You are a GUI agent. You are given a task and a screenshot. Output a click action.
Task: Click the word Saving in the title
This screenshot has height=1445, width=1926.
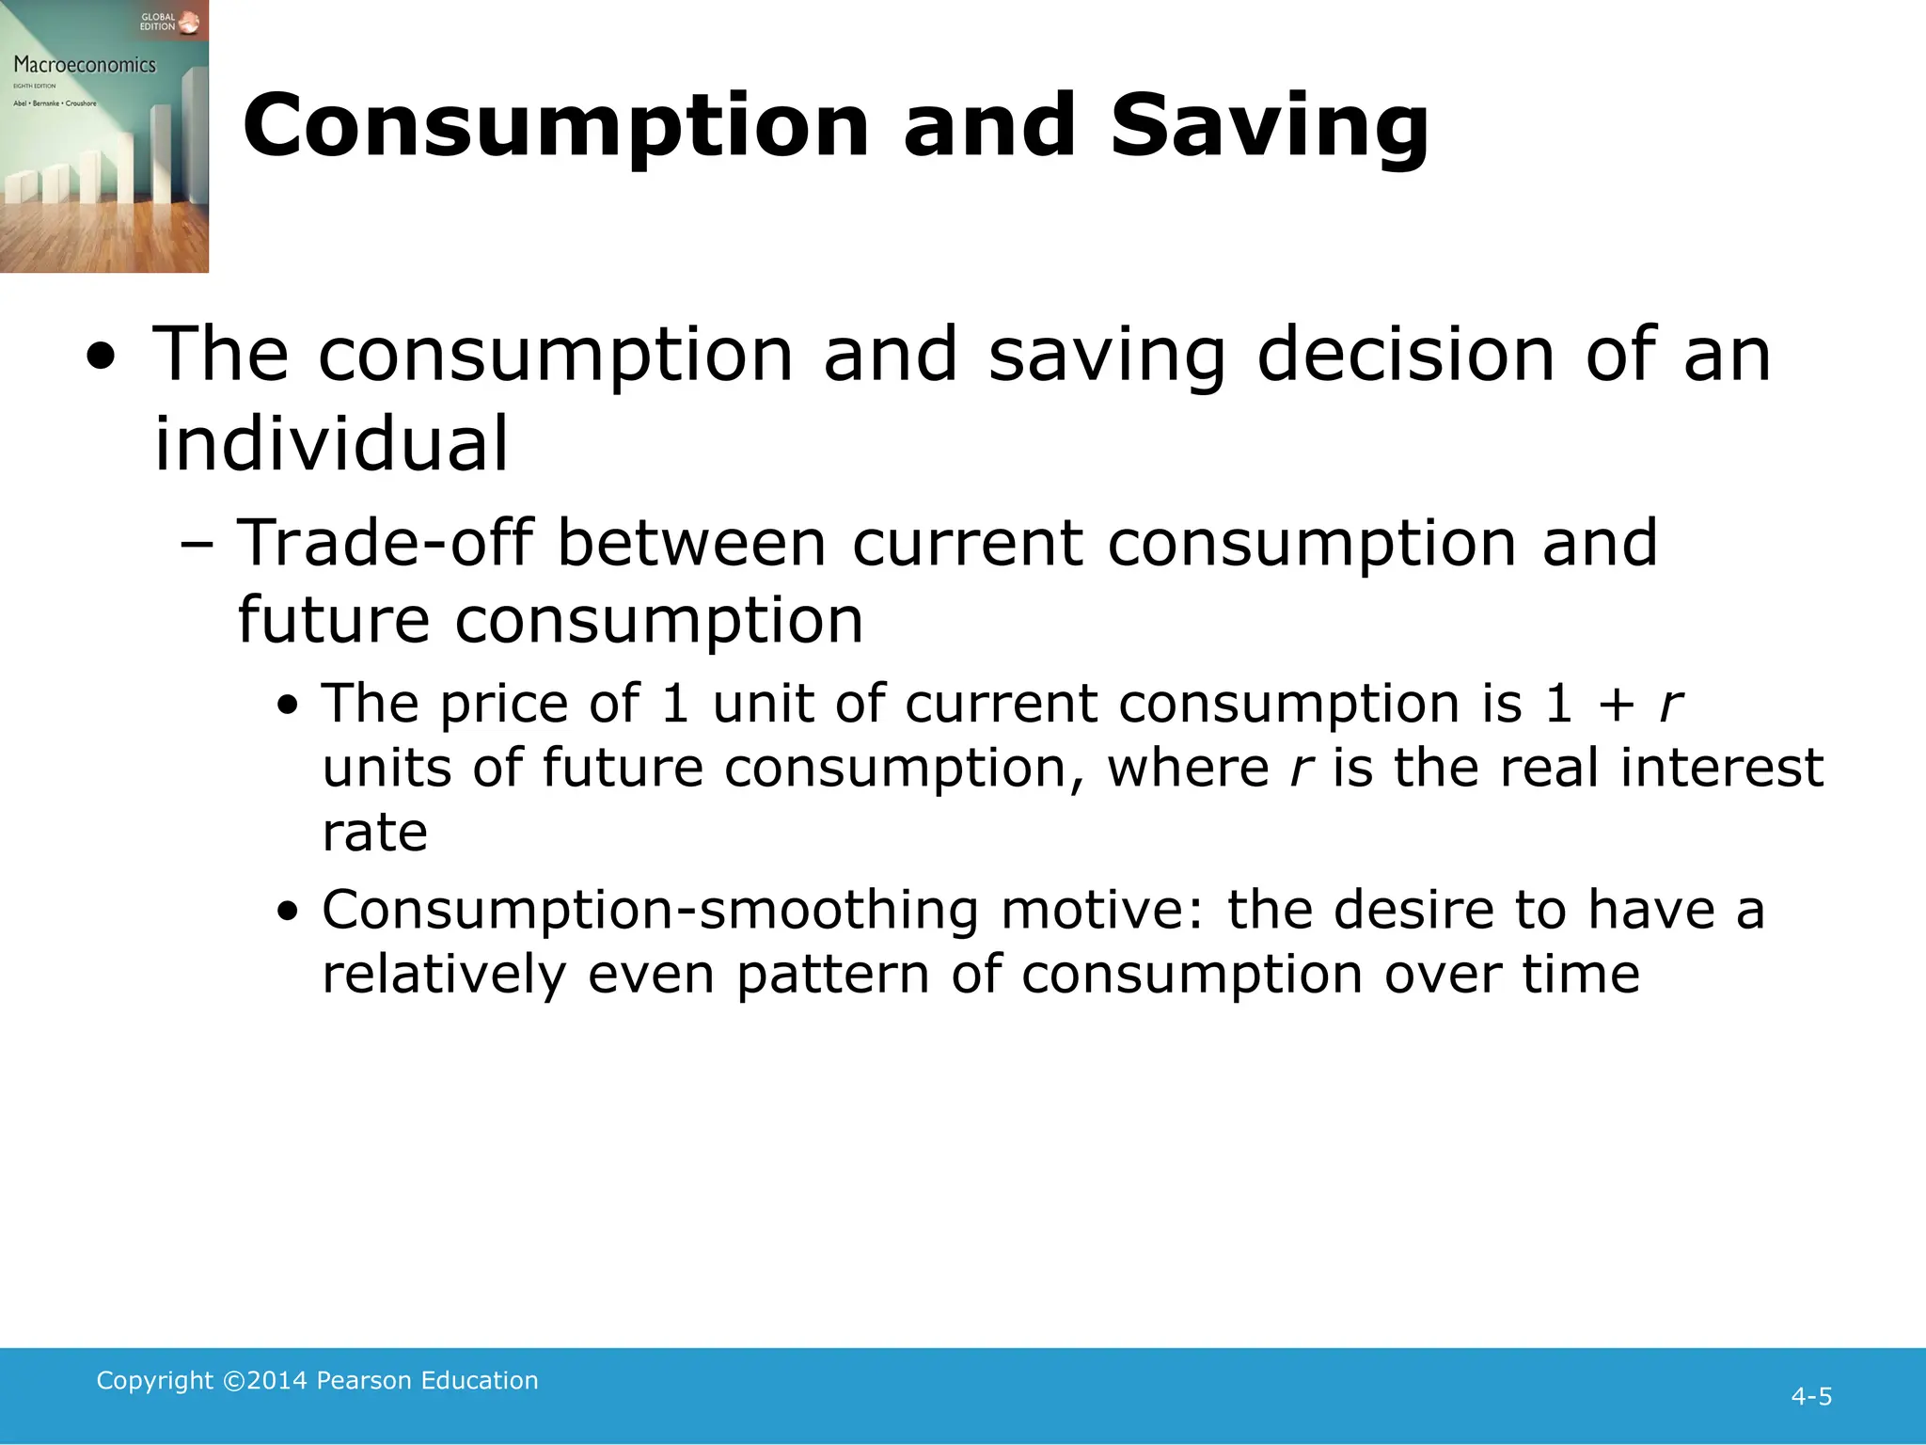click(x=1270, y=127)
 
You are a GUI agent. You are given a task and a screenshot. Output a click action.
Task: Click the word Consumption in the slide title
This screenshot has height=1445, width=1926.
click(x=556, y=127)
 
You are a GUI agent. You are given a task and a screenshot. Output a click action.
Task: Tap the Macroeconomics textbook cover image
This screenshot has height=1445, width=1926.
click(x=103, y=136)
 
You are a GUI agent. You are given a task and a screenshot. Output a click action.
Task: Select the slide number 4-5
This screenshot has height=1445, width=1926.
click(x=1811, y=1396)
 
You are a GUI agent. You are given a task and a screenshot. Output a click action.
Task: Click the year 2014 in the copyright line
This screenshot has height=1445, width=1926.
click(x=277, y=1380)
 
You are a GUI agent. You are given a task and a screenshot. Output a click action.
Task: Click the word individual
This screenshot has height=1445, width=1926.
click(x=331, y=443)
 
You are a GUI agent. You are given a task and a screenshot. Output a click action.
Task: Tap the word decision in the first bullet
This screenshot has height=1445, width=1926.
click(x=1405, y=355)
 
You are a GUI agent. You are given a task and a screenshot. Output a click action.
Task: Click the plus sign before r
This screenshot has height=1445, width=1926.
click(x=1617, y=705)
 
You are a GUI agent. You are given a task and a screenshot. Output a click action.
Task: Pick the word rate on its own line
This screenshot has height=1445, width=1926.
click(x=374, y=832)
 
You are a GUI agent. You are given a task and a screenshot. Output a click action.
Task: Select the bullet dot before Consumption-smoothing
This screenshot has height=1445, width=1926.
click(x=288, y=912)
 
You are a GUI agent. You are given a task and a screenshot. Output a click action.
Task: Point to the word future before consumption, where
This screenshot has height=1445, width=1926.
click(x=623, y=768)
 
